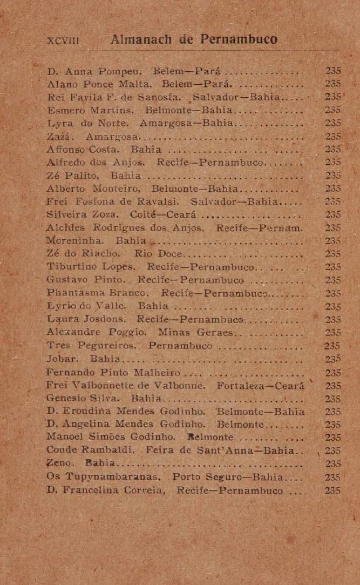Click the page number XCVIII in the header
coord(60,41)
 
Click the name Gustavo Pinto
coord(81,280)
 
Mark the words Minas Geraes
coord(201,332)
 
